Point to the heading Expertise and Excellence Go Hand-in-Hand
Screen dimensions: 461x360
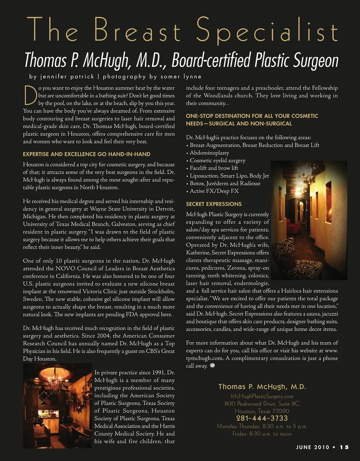click(87, 154)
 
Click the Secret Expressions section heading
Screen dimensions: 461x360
click(214, 204)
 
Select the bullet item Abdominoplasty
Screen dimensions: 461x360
click(209, 153)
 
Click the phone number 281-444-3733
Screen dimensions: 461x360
click(262, 418)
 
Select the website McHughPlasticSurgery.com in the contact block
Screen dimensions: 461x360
click(262, 396)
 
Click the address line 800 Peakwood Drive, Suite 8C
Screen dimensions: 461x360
click(262, 404)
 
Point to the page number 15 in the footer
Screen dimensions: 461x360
click(344, 447)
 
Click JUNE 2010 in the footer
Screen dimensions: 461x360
click(312, 447)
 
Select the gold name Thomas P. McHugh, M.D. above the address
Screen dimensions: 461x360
click(262, 386)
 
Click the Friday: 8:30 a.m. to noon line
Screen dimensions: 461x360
click(262, 434)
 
